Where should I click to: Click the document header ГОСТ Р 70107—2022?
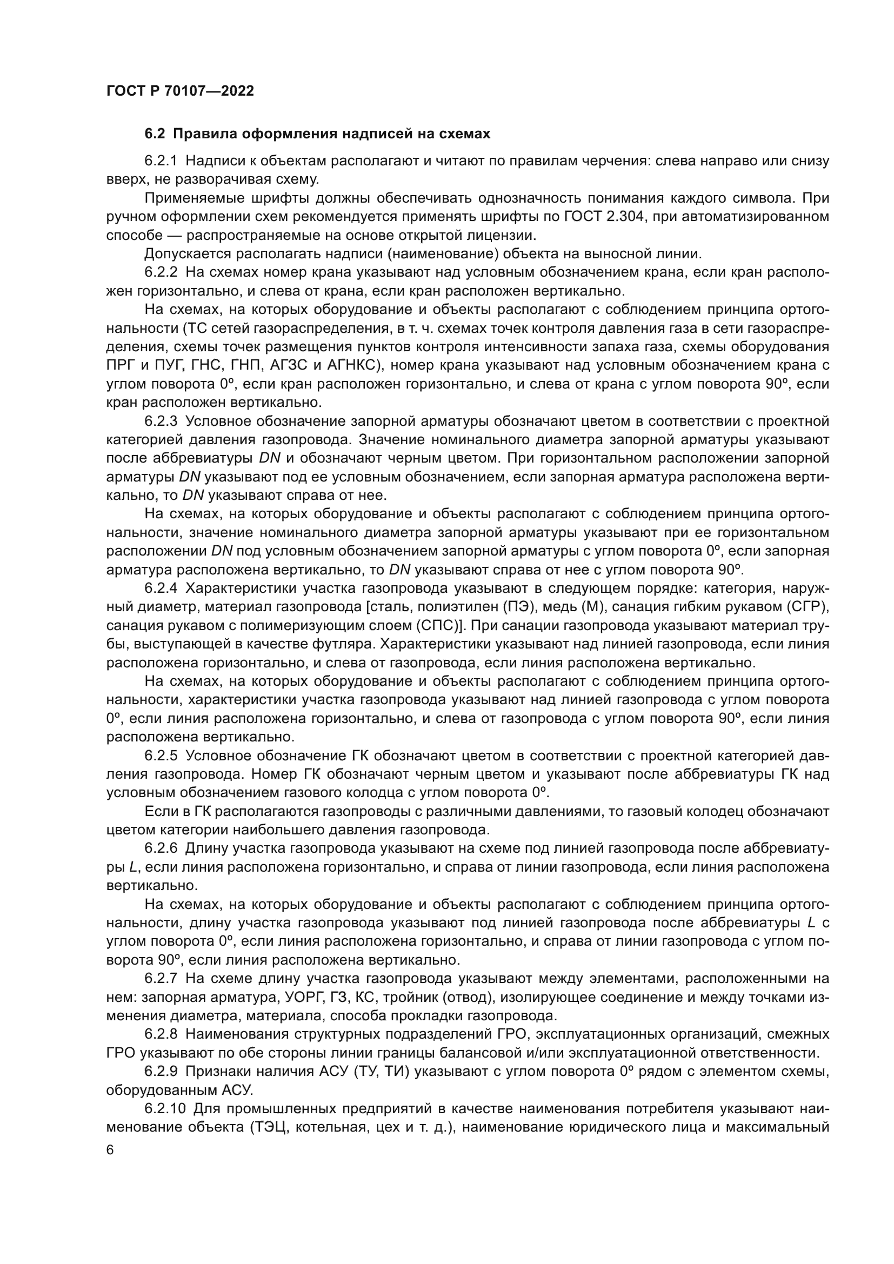pos(180,91)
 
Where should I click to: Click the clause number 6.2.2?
pos(161,272)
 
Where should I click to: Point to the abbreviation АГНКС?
pos(352,365)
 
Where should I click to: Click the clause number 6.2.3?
pos(161,421)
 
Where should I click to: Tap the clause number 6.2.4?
pos(161,588)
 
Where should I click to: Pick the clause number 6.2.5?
pos(161,756)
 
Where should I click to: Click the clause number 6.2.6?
pos(161,849)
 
